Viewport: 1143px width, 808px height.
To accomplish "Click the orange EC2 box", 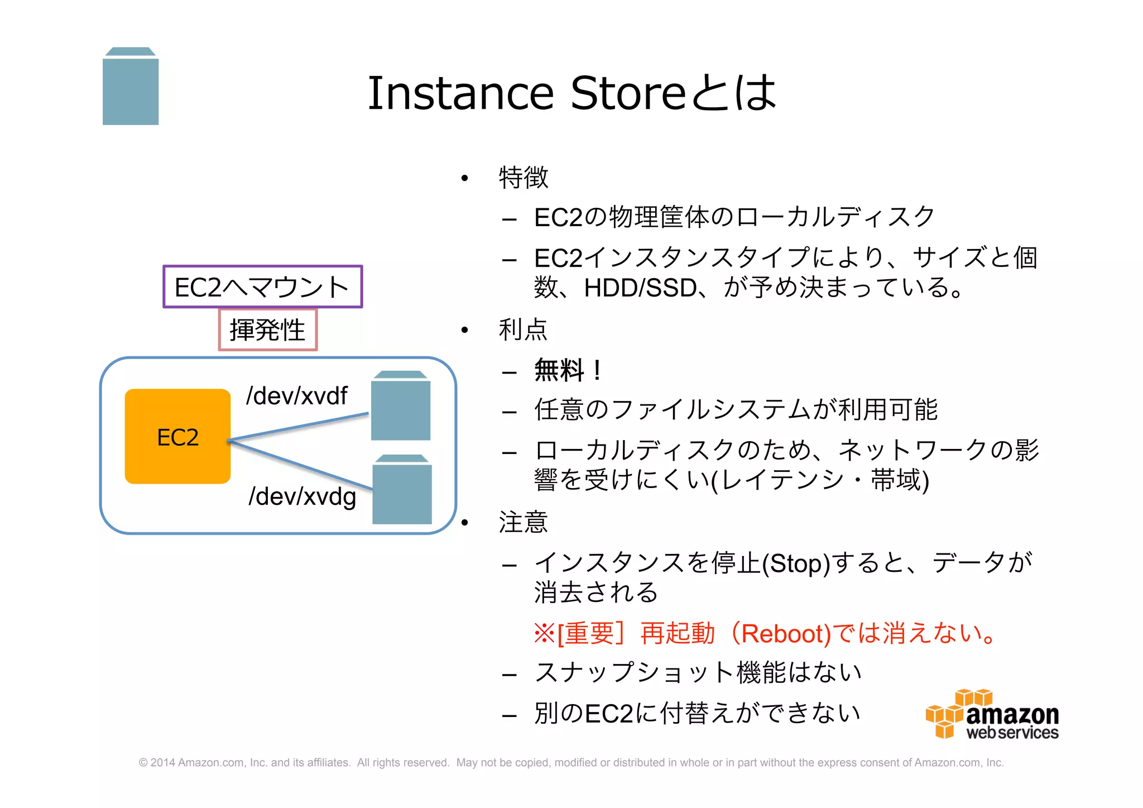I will coord(177,436).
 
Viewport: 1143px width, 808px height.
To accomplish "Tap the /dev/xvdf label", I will coord(296,396).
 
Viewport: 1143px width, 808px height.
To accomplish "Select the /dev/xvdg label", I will coord(302,496).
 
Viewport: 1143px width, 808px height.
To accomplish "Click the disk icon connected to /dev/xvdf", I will coord(401,406).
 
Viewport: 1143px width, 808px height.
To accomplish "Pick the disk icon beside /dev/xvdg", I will coord(402,490).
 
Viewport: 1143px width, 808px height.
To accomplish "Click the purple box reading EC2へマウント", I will coord(262,287).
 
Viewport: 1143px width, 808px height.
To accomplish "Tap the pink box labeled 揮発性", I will coord(268,330).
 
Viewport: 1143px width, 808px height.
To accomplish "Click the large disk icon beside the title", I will coord(131,87).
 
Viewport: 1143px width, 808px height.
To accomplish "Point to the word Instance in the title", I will coord(460,93).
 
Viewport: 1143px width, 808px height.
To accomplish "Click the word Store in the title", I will coord(628,93).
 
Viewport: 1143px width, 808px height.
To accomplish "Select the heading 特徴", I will coord(523,178).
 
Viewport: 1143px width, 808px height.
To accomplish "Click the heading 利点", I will coord(523,329).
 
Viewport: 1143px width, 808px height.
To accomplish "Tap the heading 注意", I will coord(523,522).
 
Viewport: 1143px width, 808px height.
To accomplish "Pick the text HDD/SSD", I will coord(640,288).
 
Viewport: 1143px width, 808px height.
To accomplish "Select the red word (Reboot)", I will coord(781,634).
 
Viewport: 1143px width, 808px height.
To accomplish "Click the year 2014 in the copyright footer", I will coord(162,763).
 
